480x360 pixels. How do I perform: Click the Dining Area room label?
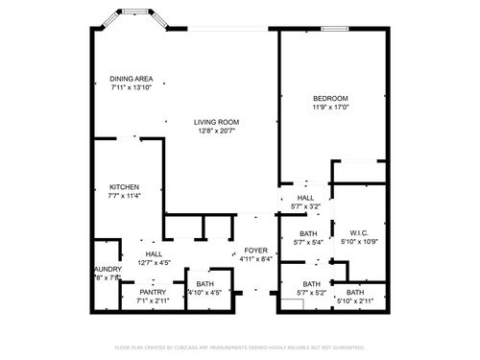[x=131, y=79]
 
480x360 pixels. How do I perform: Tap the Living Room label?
[x=217, y=122]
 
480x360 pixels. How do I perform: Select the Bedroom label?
[x=330, y=98]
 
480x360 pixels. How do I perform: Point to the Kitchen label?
[x=124, y=186]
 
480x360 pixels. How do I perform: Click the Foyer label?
[x=255, y=250]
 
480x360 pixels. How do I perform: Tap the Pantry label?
[x=153, y=292]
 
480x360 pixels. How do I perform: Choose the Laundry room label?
[x=107, y=270]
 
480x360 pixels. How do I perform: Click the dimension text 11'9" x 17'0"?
[x=330, y=108]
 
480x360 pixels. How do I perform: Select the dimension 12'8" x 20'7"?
[x=217, y=132]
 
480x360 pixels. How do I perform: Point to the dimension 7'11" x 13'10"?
[x=131, y=88]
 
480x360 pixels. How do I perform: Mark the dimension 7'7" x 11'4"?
[x=124, y=196]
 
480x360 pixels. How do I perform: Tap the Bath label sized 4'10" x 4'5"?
[x=205, y=284]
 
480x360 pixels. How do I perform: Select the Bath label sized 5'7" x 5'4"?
[x=308, y=233]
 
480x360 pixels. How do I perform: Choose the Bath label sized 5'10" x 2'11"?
[x=355, y=292]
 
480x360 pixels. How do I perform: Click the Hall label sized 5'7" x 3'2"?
[x=304, y=197]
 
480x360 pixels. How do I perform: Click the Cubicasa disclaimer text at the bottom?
[x=240, y=347]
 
